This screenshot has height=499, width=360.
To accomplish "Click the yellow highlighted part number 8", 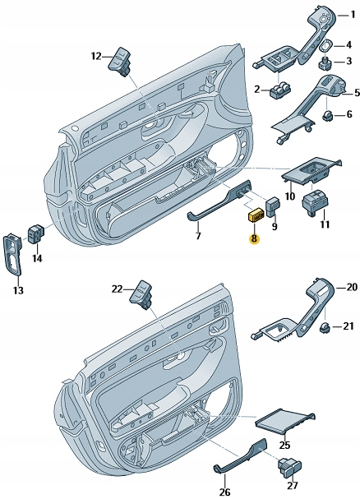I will [x=254, y=239].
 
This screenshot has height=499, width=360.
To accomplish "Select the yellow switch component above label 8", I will [x=255, y=216].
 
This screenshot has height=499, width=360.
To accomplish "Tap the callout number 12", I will [x=95, y=56].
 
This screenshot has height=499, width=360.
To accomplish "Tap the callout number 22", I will [x=117, y=289].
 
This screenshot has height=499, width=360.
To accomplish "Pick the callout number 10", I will [x=289, y=196].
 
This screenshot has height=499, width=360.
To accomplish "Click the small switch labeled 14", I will [x=37, y=234].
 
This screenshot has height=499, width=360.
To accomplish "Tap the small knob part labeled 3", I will [x=325, y=62].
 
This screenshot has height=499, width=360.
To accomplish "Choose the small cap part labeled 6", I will [x=327, y=115].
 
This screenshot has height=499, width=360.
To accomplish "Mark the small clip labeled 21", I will [x=325, y=328].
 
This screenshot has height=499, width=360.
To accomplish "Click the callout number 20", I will [x=351, y=287].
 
